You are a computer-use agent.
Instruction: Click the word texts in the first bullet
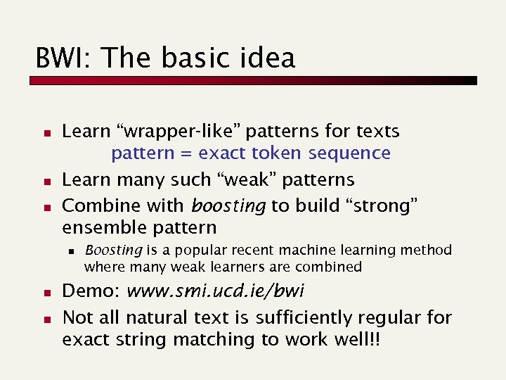click(377, 132)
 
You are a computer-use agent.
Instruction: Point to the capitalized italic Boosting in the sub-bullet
click(114, 250)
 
